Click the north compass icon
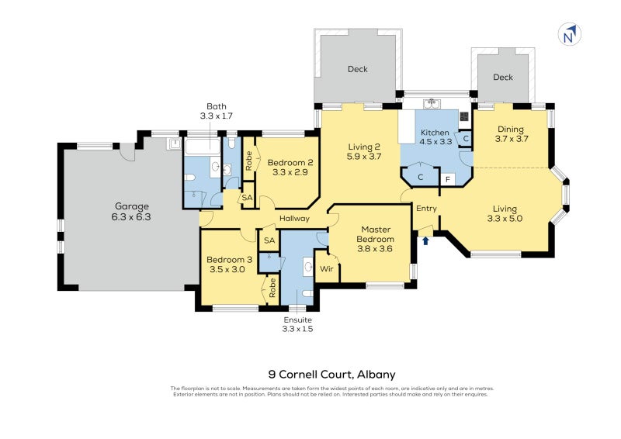click(570, 35)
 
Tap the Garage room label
click(132, 206)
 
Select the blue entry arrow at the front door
click(425, 240)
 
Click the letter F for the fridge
click(447, 179)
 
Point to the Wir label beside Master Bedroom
click(326, 268)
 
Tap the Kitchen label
click(435, 133)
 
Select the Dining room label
click(511, 130)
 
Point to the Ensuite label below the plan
click(298, 319)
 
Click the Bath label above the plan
click(216, 106)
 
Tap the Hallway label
click(295, 219)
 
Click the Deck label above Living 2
click(358, 70)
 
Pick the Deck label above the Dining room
click(503, 78)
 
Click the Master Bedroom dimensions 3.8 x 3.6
click(375, 249)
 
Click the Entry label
click(426, 209)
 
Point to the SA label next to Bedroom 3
click(269, 241)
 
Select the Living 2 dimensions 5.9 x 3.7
click(364, 156)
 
